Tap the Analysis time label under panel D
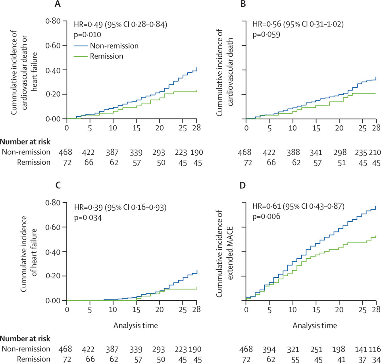(316, 325)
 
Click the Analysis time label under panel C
(136, 325)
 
